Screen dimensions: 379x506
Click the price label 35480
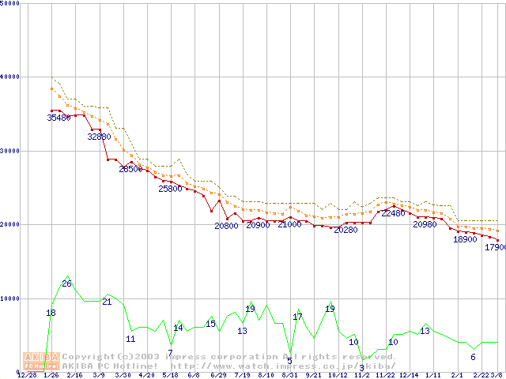[x=59, y=118]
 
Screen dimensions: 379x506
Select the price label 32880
[x=99, y=137]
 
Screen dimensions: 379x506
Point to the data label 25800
[x=170, y=189]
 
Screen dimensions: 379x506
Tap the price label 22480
[x=393, y=213]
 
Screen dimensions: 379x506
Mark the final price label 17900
[x=495, y=247]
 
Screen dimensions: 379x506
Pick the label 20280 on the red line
[x=346, y=230]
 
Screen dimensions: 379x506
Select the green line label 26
[x=66, y=283]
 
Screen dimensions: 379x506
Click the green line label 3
[x=362, y=367]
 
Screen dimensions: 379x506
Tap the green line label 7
[x=170, y=352]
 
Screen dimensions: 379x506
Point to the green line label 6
[x=473, y=357]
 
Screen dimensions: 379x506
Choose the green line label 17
[x=298, y=317]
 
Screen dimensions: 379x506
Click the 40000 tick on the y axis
[x=9, y=77]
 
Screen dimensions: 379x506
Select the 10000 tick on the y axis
[x=9, y=298]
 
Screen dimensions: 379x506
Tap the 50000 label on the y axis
[x=9, y=3]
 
